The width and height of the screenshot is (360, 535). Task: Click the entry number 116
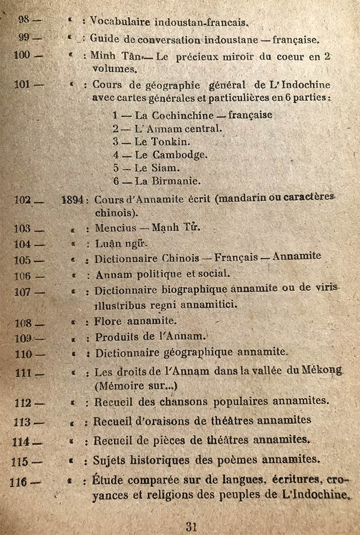pos(20,482)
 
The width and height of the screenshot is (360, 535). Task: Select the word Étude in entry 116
pos(109,480)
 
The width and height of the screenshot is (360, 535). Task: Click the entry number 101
pos(22,84)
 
